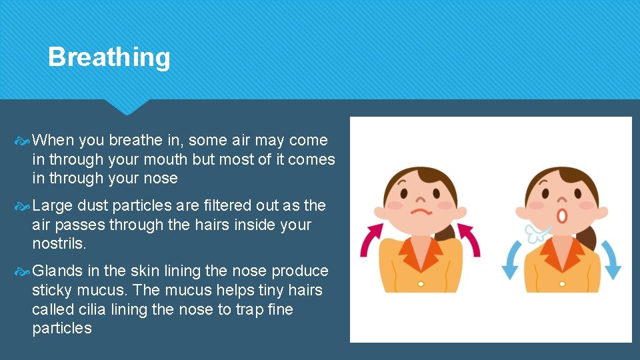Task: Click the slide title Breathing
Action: click(x=109, y=57)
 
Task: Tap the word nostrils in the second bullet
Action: click(x=59, y=244)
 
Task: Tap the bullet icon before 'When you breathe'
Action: click(x=22, y=141)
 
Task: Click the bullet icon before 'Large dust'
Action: click(x=22, y=206)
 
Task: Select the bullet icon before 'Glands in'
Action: click(x=22, y=271)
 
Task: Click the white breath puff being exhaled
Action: click(x=537, y=232)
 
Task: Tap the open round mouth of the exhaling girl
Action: click(x=562, y=215)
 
